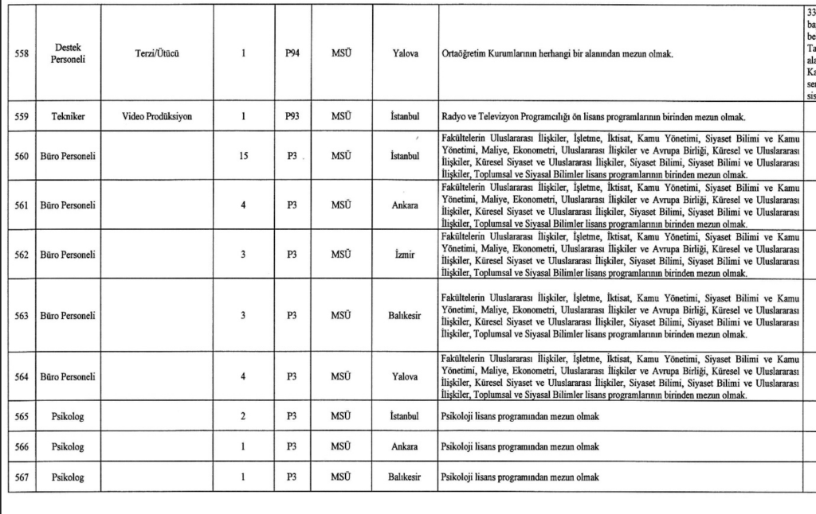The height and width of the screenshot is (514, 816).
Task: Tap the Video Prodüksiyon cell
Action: (x=157, y=116)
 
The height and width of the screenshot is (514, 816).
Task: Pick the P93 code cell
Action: (x=292, y=116)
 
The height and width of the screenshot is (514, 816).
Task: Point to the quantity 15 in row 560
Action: (x=243, y=156)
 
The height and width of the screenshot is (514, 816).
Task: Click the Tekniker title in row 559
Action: (x=69, y=116)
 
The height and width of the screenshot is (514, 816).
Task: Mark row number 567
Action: (x=22, y=477)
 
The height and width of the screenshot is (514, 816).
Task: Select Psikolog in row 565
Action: (x=69, y=416)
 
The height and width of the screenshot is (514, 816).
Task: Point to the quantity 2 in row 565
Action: (x=243, y=416)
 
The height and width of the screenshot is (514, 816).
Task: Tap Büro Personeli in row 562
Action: (x=69, y=255)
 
